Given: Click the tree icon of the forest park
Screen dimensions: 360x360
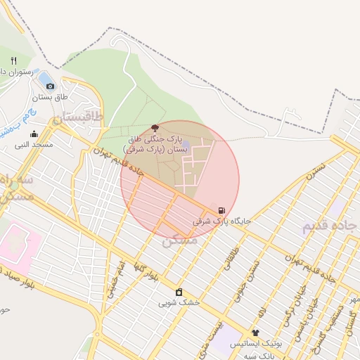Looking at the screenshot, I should tap(155, 128).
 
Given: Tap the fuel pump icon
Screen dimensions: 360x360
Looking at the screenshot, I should tap(222, 210).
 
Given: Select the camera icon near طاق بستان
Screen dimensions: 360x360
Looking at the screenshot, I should tap(50, 86).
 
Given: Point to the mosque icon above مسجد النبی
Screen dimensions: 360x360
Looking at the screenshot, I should tap(34, 134).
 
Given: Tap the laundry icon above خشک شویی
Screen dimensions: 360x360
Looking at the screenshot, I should tap(179, 292).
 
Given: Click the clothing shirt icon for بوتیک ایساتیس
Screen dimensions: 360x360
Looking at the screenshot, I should tap(255, 333).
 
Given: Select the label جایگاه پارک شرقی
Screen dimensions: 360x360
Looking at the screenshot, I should tap(222, 221).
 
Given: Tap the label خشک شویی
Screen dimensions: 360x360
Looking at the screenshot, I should tap(179, 303).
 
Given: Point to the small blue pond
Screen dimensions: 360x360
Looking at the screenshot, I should tap(44, 76).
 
